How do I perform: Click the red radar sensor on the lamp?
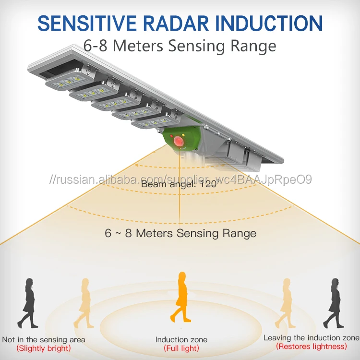point(179,141)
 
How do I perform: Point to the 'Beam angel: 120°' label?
point(179,183)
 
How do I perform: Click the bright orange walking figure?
point(182,298)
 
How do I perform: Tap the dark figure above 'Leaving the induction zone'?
point(333,302)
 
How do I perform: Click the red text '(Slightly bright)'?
point(43,348)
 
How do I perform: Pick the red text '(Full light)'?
point(181,348)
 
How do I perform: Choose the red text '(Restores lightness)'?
point(311,346)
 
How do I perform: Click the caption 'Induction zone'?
point(181,340)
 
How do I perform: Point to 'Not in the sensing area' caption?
point(44,340)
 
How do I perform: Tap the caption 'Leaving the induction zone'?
point(311,338)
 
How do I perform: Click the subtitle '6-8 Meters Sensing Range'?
point(180,46)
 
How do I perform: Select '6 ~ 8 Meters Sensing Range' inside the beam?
point(180,234)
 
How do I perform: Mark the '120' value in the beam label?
point(205,183)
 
